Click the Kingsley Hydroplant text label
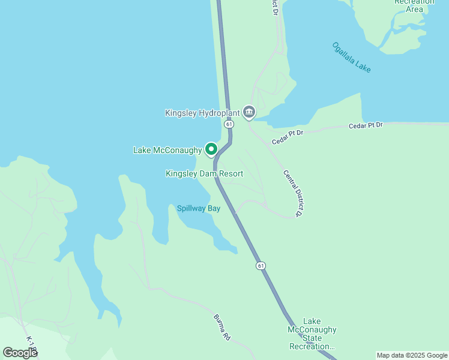tap(202, 113)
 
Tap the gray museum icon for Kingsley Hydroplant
tap(249, 112)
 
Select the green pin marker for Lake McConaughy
tap(211, 148)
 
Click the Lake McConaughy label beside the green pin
tap(167, 150)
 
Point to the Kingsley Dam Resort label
tap(204, 174)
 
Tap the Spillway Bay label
tap(198, 209)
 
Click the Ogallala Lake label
tap(351, 58)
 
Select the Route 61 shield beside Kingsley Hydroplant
tap(229, 124)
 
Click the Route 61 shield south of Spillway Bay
tap(260, 265)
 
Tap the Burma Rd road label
tap(222, 328)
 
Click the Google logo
tap(20, 353)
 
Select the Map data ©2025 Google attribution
tap(412, 355)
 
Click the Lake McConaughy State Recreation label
tap(312, 334)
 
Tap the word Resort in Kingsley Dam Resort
tap(231, 174)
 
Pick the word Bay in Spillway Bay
tap(214, 209)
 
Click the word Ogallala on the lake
tap(344, 53)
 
